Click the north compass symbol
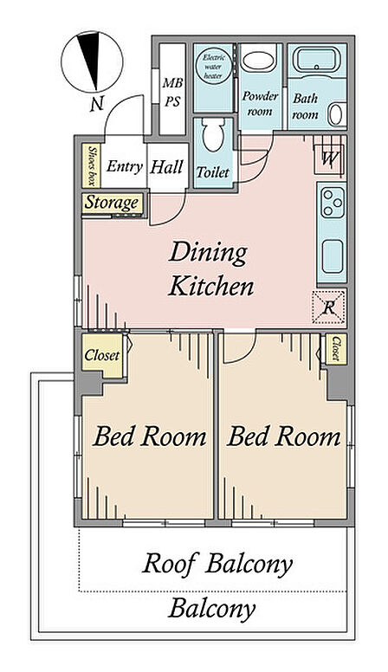(x=92, y=61)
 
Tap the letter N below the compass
(x=97, y=103)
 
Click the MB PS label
(x=172, y=92)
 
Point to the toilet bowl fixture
(x=213, y=134)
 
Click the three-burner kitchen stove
(x=333, y=203)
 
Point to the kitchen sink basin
(x=333, y=256)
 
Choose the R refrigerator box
(x=328, y=307)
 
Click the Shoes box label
(x=91, y=165)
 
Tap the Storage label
(x=113, y=203)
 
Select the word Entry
(x=125, y=167)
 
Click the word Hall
(x=166, y=167)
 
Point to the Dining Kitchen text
(x=210, y=269)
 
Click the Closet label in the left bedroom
(x=101, y=355)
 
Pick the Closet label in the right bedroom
(x=337, y=348)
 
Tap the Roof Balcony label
(x=217, y=563)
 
